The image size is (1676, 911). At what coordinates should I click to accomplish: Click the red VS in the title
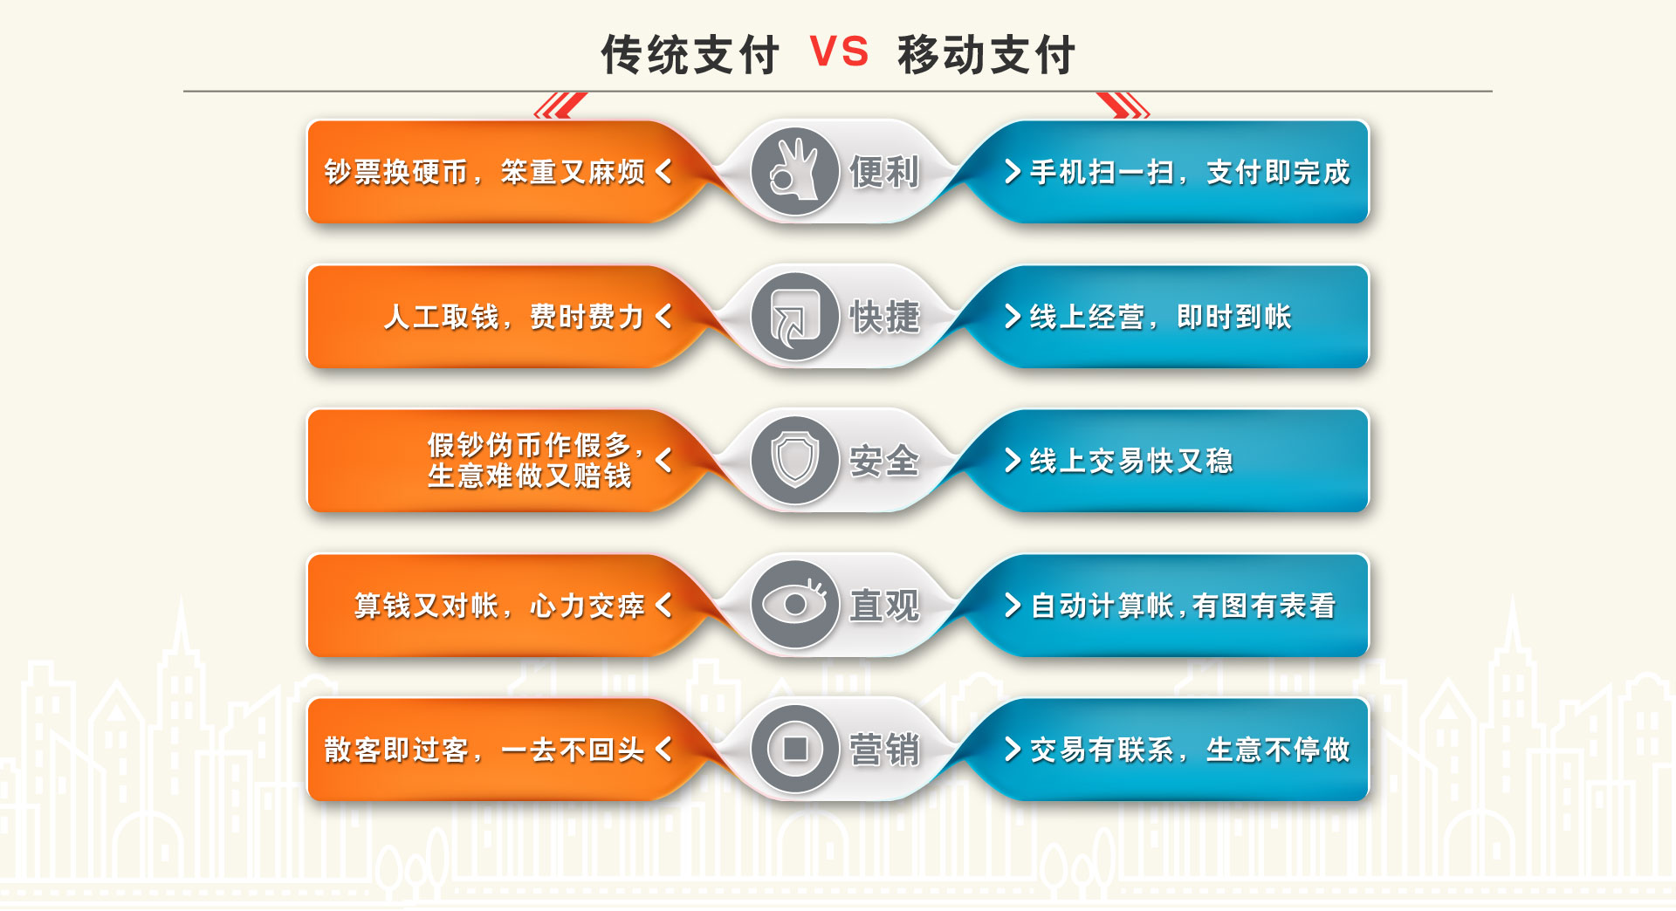[839, 51]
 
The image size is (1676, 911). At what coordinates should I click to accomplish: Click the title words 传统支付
[690, 54]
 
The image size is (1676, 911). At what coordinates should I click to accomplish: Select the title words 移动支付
[986, 54]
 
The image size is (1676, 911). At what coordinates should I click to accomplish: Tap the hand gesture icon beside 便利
[795, 171]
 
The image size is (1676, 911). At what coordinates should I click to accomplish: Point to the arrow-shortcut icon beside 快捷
[795, 316]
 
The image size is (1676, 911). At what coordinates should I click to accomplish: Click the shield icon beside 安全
[795, 460]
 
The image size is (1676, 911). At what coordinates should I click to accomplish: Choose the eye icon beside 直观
[795, 605]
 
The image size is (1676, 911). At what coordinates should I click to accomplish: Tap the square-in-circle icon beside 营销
[795, 749]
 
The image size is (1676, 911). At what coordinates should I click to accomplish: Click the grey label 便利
[884, 172]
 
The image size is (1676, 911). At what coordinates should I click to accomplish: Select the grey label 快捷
[884, 317]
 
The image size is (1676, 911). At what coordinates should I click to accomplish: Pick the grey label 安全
[884, 461]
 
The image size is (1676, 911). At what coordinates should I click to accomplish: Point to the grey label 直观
[884, 606]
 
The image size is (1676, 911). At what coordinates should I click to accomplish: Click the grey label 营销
[884, 750]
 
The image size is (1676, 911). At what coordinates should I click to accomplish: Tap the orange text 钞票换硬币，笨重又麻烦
[484, 172]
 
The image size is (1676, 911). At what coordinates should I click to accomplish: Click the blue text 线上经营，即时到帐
[1160, 317]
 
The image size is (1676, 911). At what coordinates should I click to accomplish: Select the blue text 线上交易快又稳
[1131, 461]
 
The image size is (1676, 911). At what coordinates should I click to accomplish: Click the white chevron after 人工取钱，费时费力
[663, 316]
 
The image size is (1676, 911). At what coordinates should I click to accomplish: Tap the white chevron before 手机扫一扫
[1013, 171]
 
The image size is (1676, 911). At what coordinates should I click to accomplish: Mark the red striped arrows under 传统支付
[560, 105]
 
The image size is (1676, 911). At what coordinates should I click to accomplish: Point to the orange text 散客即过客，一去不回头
[484, 750]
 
